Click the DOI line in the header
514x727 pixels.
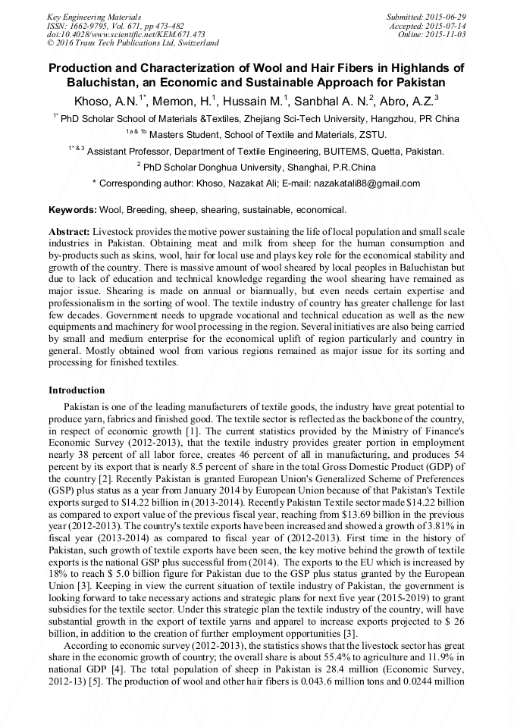click(126, 35)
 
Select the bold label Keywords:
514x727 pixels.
click(73, 210)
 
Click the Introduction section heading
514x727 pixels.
click(77, 390)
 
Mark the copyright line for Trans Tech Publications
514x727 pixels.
click(133, 44)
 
